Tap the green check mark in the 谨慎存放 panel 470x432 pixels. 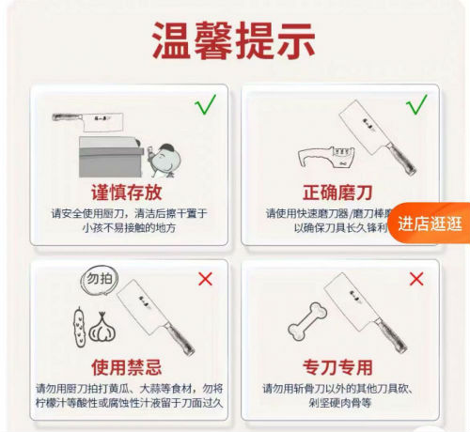tap(205, 105)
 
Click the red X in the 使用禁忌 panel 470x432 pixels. tap(205, 279)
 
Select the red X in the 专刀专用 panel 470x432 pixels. tap(415, 278)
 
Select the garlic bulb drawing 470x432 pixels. tap(103, 329)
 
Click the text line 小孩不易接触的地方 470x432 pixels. tap(129, 227)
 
